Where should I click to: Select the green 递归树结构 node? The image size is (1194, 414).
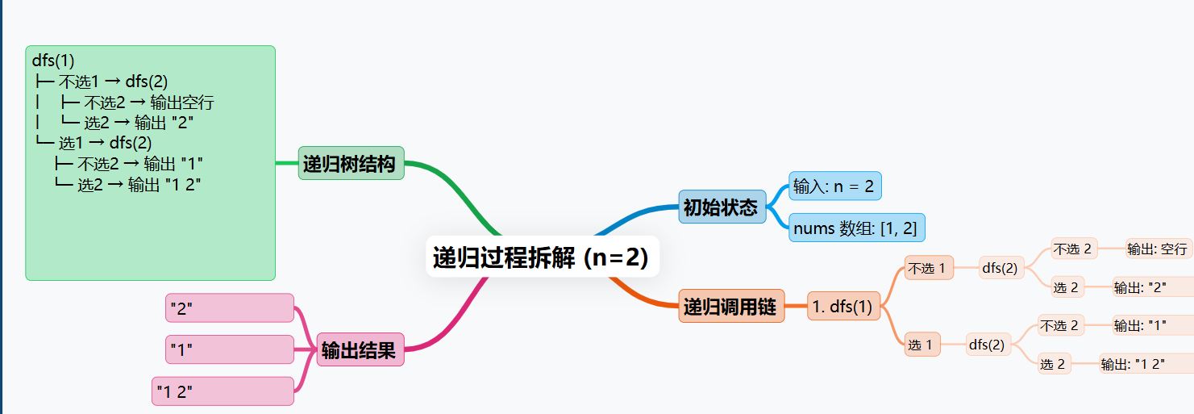(x=351, y=164)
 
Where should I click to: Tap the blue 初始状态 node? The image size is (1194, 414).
(x=722, y=207)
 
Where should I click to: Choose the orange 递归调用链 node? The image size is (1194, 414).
(x=730, y=306)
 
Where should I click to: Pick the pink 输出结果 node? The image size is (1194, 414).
(x=360, y=349)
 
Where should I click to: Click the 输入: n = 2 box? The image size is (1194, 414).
(x=834, y=186)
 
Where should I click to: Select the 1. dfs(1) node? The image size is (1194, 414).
(x=842, y=306)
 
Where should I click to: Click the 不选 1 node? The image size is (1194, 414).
(x=929, y=267)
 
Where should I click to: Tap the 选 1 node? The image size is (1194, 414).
(x=922, y=345)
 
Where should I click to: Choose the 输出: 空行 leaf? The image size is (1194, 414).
(x=1158, y=249)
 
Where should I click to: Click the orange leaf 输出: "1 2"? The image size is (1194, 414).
(x=1134, y=364)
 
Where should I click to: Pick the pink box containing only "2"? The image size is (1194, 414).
(x=230, y=307)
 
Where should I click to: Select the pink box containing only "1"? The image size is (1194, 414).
(x=230, y=349)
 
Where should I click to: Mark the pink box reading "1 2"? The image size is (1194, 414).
(x=223, y=391)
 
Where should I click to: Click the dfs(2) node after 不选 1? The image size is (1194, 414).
(x=1000, y=267)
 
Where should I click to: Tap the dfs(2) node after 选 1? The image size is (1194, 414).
(x=988, y=345)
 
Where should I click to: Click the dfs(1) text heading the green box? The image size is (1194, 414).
(x=53, y=61)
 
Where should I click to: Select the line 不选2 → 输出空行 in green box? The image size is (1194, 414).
(x=148, y=102)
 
